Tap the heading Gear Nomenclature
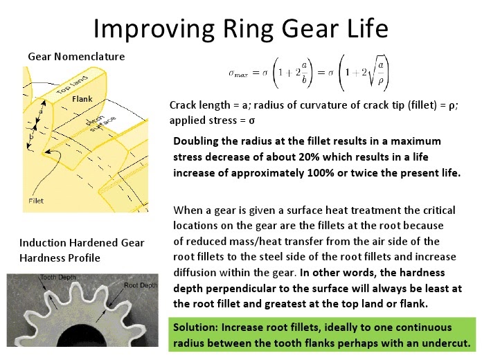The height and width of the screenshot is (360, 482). (76, 57)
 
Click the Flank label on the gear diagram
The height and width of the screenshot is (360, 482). (82, 100)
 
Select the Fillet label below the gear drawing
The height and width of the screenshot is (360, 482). (36, 201)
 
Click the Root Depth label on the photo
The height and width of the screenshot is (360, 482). (141, 285)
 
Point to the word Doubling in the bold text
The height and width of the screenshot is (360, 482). (196, 141)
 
